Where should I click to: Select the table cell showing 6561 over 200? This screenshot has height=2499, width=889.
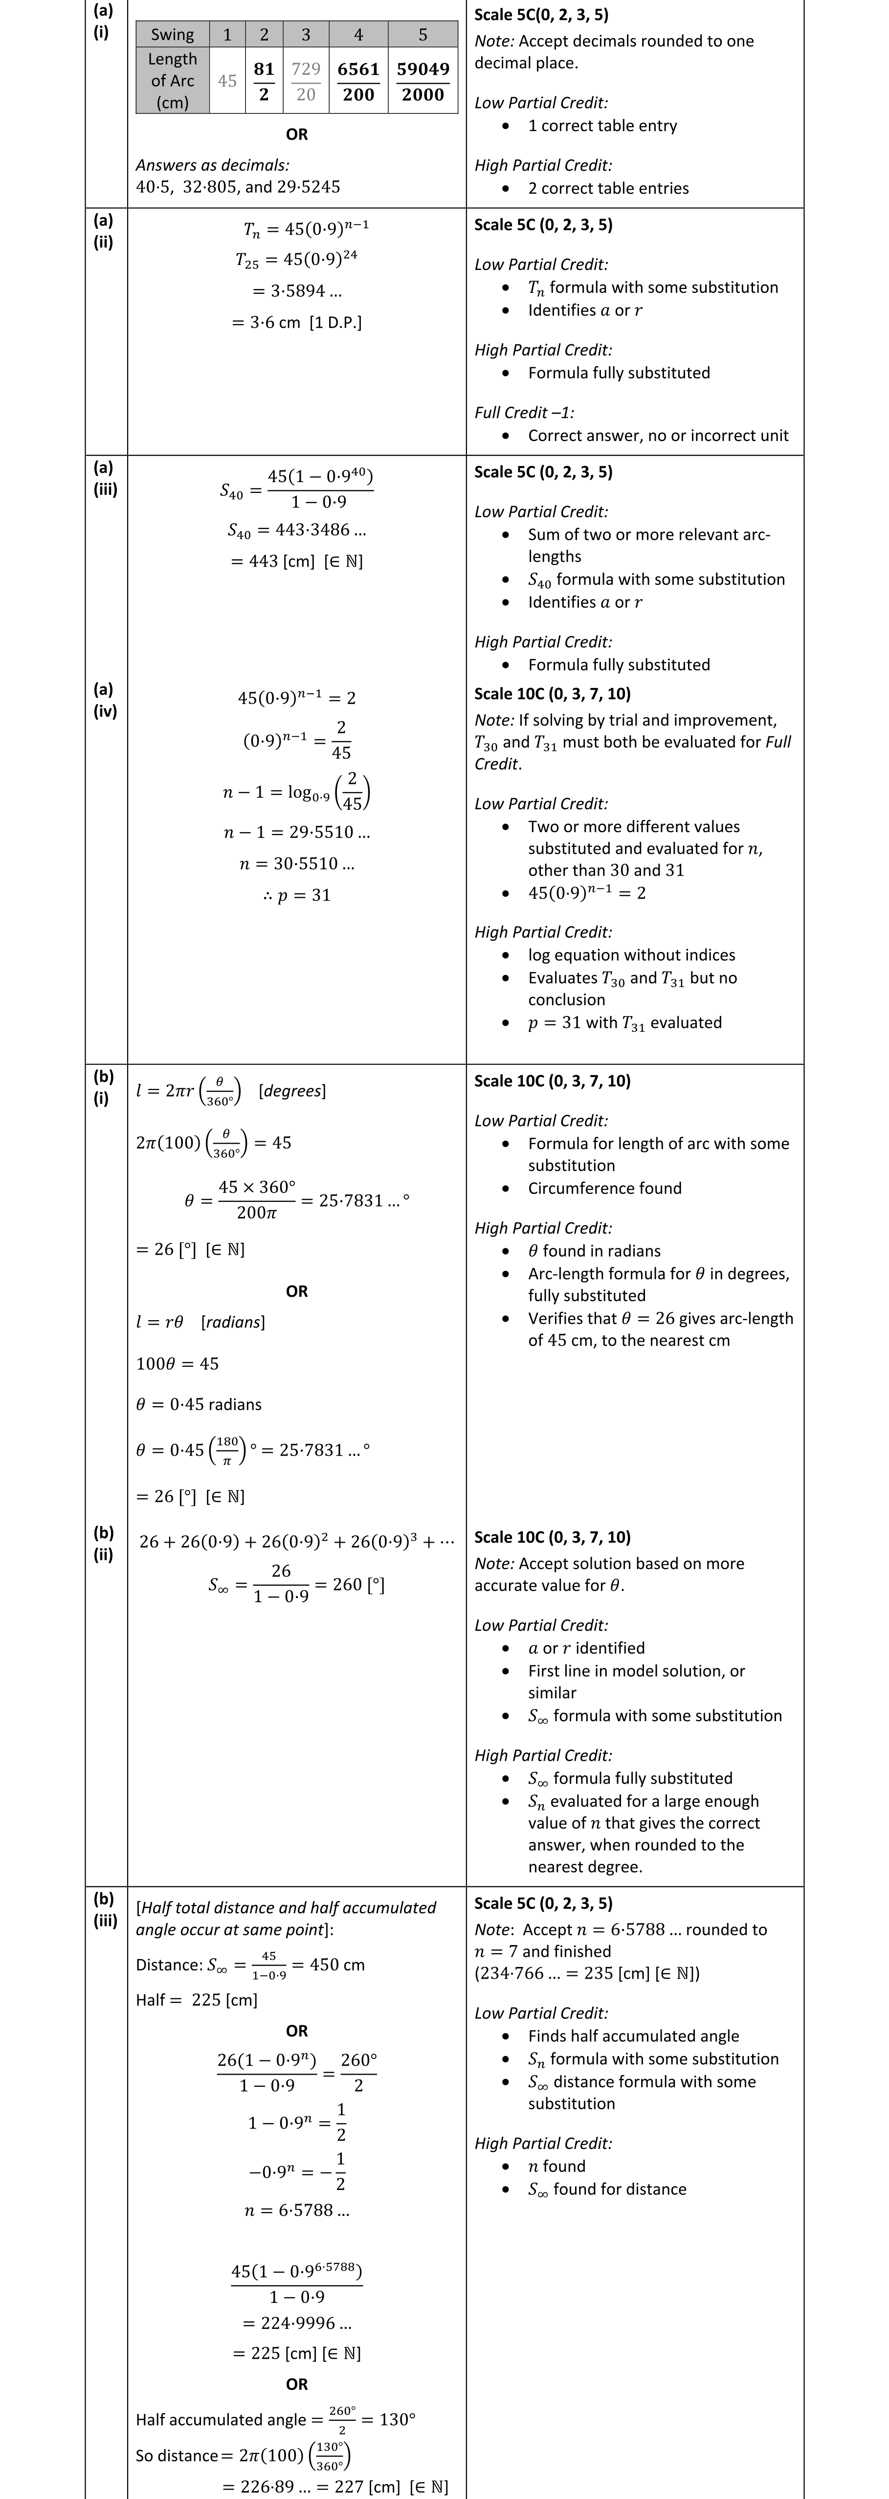pyautogui.click(x=358, y=82)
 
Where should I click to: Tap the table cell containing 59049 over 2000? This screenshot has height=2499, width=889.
pyautogui.click(x=422, y=82)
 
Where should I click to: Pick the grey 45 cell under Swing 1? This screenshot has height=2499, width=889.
pyautogui.click(x=227, y=82)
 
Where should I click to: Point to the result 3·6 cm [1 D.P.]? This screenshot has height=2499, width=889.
pyautogui.click(x=297, y=322)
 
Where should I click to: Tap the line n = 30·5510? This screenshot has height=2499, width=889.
pyautogui.click(x=297, y=863)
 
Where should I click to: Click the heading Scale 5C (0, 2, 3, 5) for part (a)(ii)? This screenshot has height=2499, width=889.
pyautogui.click(x=543, y=224)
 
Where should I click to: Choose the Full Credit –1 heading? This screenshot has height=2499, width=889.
pyautogui.click(x=524, y=412)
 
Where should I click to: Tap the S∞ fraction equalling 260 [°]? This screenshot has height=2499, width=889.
pyautogui.click(x=297, y=1583)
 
